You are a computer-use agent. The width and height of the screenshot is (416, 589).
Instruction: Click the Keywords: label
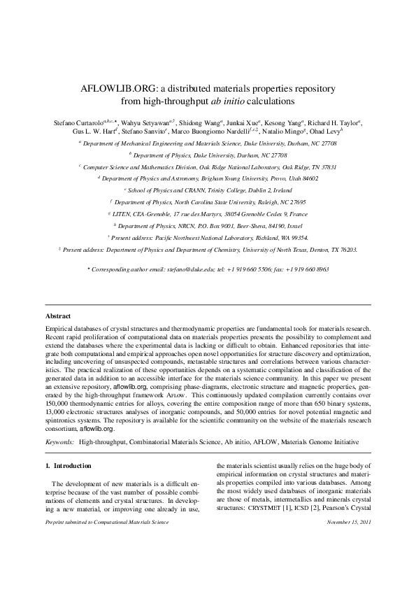59,443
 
